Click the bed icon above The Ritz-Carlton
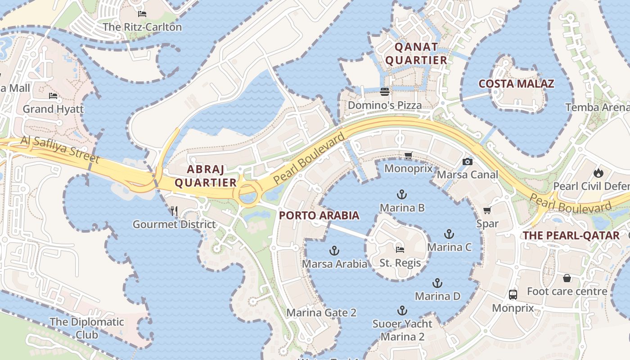(142, 14)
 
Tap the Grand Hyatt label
(53, 109)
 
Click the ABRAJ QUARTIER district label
(206, 176)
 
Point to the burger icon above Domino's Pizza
(384, 92)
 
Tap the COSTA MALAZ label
(516, 84)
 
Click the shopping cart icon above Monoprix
(408, 156)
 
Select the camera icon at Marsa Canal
(468, 162)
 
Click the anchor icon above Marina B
(402, 194)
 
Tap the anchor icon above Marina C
(449, 234)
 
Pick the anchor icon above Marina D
(437, 283)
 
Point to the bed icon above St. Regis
(400, 250)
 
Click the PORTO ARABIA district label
(319, 216)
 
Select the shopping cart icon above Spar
(487, 210)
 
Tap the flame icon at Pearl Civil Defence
(598, 172)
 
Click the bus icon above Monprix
(513, 295)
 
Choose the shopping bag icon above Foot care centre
(567, 278)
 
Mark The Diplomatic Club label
(86, 328)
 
